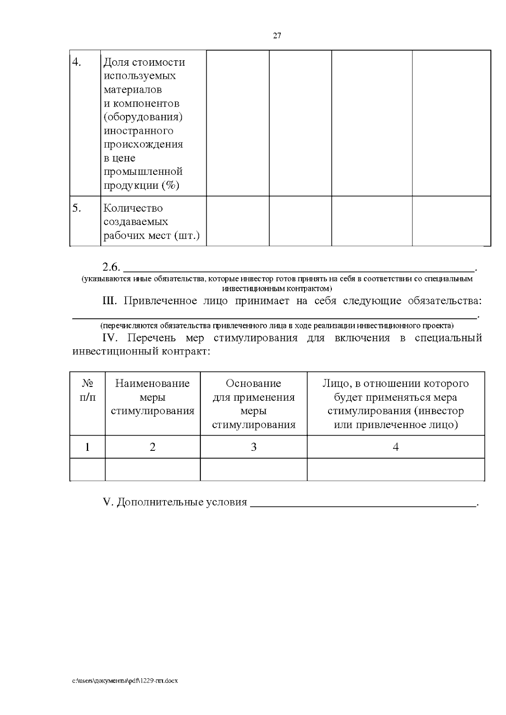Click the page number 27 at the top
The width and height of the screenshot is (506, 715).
coord(277,36)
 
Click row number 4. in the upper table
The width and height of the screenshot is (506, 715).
coord(76,62)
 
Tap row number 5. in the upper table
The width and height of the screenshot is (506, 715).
coord(76,208)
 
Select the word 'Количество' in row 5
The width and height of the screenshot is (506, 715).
coord(133,208)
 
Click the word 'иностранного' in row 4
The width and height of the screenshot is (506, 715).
coord(138,131)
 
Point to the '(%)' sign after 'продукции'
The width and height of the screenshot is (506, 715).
coord(171,185)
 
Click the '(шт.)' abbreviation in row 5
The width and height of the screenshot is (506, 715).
coord(186,236)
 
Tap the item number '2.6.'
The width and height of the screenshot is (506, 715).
coord(111,267)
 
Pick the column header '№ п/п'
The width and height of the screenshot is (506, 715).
coord(87,390)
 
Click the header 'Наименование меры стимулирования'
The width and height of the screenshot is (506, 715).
coord(153,397)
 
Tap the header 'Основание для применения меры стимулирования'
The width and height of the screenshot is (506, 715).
coord(253,404)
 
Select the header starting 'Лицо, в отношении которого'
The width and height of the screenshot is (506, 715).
coord(396,404)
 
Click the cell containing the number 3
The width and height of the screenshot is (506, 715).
coord(253,447)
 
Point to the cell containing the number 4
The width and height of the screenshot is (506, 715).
coord(396,447)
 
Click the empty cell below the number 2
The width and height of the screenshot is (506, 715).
coord(153,469)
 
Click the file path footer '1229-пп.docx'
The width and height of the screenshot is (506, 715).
coord(125,681)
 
